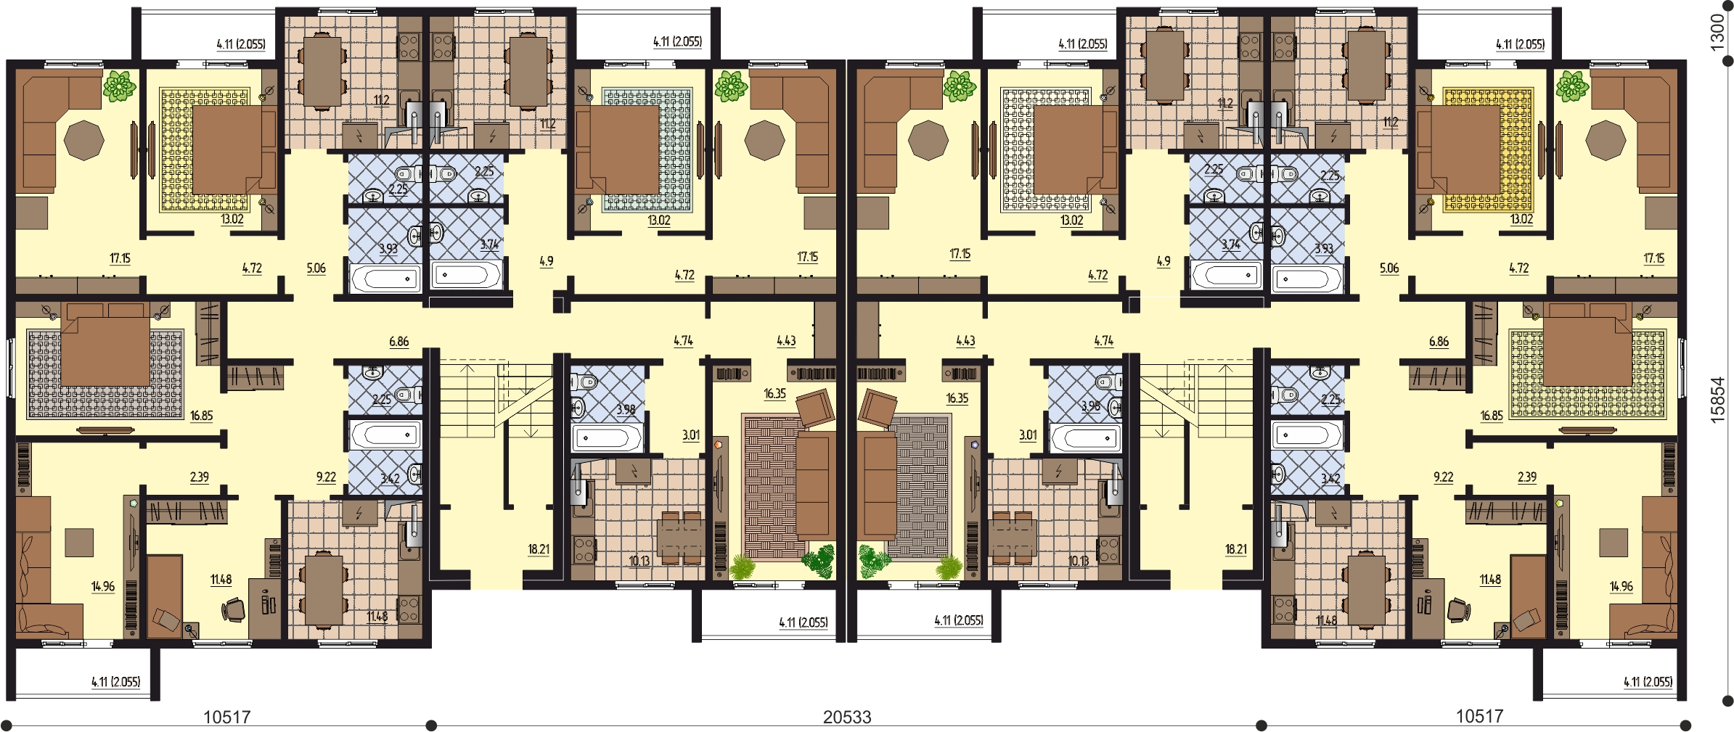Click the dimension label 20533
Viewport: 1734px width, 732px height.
coord(847,717)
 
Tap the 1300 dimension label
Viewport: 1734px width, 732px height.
coord(1717,33)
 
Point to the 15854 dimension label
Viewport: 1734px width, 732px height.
coord(1717,400)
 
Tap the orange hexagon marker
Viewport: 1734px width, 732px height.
coord(719,444)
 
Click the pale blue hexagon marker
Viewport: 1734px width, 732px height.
coord(975,445)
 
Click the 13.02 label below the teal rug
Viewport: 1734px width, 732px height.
coord(659,221)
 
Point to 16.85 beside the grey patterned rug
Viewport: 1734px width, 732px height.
coord(202,416)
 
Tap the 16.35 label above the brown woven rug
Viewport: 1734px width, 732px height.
coord(775,394)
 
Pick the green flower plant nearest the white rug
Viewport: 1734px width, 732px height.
coord(959,86)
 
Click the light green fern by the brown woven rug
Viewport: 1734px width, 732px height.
coord(742,567)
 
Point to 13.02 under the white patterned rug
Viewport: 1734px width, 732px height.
coord(1072,221)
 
